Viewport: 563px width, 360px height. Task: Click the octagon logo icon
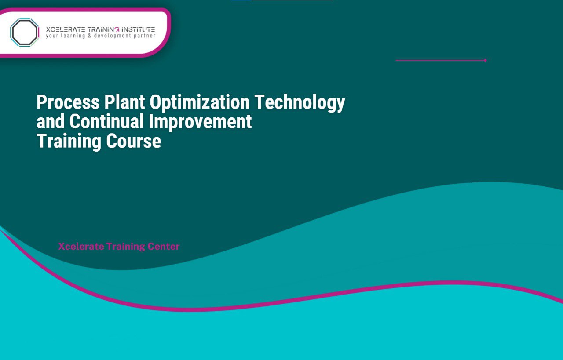(25, 32)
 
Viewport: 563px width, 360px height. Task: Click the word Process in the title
(68, 102)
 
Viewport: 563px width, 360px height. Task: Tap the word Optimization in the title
(200, 102)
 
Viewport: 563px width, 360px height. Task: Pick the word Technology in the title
(300, 102)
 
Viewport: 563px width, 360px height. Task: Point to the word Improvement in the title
(200, 122)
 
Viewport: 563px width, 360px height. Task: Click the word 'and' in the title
(51, 122)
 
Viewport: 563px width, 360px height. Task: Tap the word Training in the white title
(69, 142)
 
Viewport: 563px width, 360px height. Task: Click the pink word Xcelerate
(81, 247)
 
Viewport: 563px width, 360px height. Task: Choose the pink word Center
(164, 247)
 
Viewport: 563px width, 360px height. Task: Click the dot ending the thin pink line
(485, 60)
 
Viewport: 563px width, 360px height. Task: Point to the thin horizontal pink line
(440, 60)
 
